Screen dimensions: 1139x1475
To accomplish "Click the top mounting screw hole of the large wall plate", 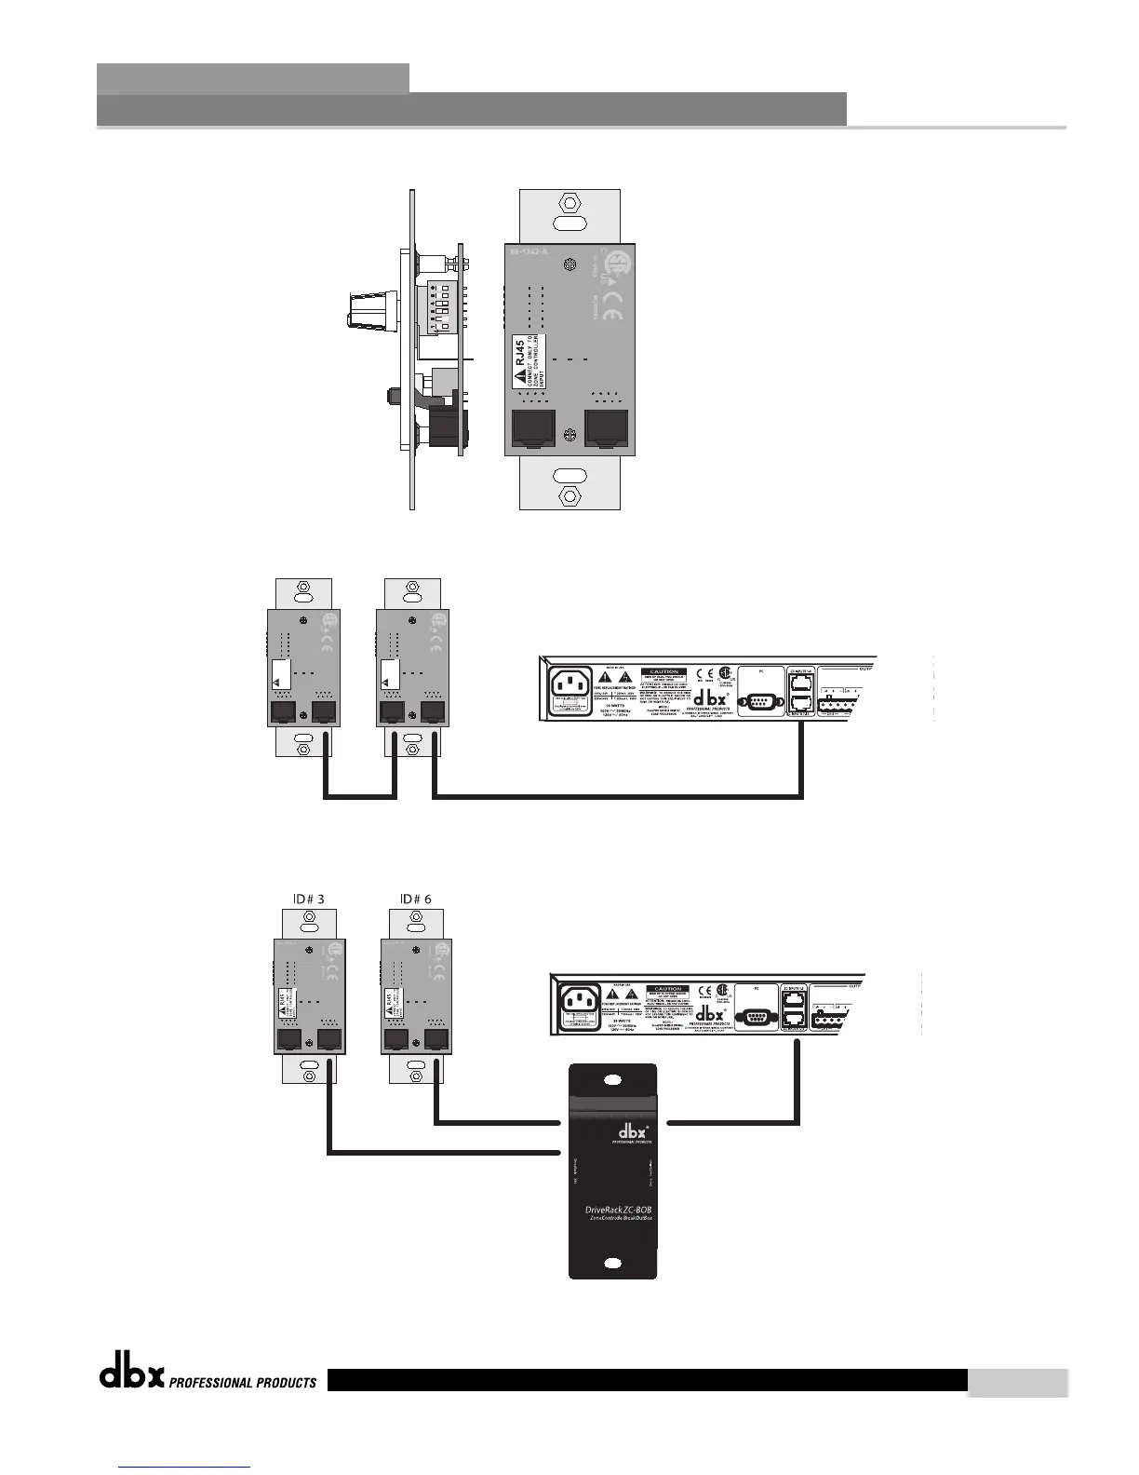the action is pos(569,202).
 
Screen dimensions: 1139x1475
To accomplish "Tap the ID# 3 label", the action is pos(302,899).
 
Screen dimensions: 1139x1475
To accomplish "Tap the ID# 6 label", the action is pos(415,899).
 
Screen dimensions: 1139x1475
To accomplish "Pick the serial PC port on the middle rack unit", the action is pos(759,699).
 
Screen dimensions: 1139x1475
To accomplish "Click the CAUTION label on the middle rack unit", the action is pos(663,671).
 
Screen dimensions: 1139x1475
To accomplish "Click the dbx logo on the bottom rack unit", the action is pos(711,1013).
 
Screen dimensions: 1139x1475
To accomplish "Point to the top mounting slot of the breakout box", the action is pos(612,1081).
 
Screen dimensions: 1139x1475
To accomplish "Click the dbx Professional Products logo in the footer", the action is pos(208,1379).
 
